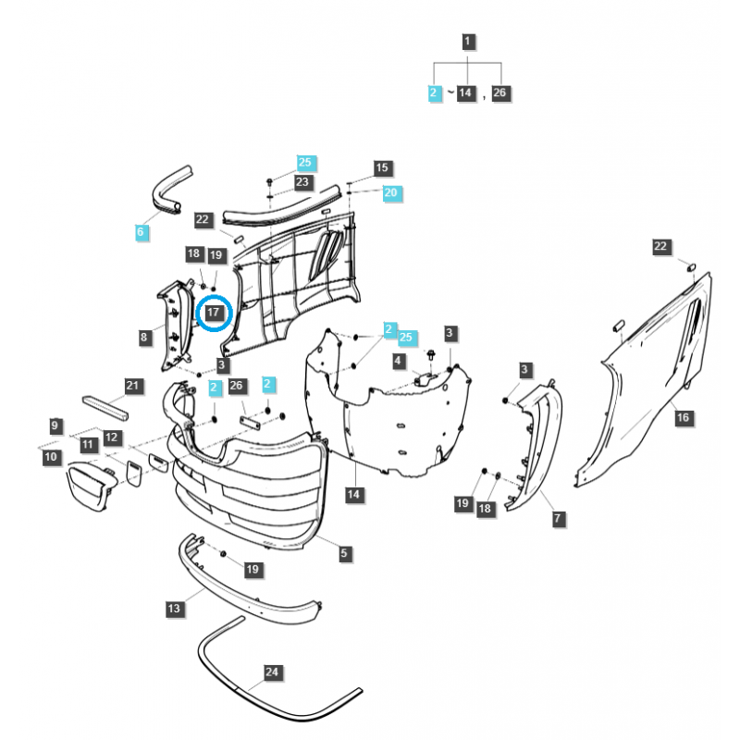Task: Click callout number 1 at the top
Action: [468, 42]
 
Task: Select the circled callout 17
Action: [214, 313]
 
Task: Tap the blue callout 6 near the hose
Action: [141, 232]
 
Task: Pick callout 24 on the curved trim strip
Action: [271, 672]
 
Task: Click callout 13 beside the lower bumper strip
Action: [174, 609]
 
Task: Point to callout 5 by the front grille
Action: [344, 553]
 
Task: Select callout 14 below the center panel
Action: [353, 495]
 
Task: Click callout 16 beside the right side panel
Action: [683, 418]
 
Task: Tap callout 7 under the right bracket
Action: [559, 520]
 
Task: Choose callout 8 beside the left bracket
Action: [144, 338]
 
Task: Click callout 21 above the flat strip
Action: [132, 386]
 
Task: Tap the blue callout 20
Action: [390, 192]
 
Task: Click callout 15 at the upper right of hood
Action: [382, 167]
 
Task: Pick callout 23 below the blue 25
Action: [302, 182]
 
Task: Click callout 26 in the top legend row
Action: [500, 92]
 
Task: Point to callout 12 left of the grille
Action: [112, 437]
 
